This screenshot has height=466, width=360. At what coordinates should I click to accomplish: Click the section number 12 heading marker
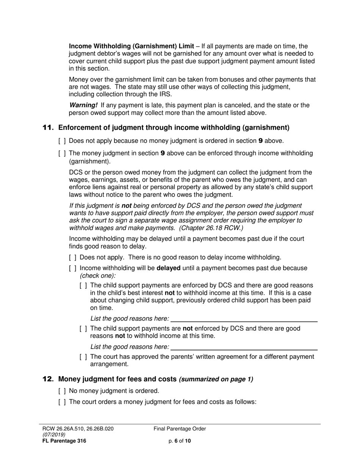48,379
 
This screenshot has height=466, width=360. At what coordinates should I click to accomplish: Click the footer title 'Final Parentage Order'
180,429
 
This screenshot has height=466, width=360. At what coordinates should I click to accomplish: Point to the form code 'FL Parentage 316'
64,441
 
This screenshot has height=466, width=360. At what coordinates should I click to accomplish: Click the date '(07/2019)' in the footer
54,435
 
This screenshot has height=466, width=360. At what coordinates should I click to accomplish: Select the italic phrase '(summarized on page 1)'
216,379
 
